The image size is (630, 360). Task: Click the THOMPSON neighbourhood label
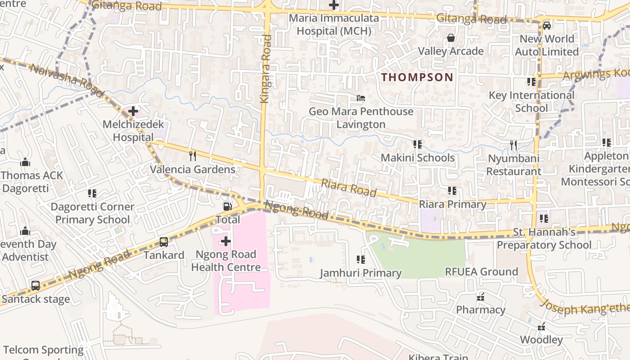417,77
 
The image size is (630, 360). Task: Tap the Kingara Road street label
266,68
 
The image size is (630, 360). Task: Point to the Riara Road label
349,187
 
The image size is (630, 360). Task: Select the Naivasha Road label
61,76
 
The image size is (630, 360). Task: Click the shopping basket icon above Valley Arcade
450,38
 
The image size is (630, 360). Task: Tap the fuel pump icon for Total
228,206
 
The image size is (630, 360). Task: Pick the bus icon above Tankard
164,242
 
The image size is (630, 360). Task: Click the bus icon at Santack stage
36,285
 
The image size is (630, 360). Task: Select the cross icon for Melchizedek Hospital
133,111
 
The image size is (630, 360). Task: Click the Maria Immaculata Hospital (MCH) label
334,25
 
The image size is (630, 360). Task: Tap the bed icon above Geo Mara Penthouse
360,98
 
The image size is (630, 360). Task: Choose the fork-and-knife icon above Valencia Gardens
193,156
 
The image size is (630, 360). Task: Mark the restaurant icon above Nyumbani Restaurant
513,145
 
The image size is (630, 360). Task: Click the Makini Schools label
418,158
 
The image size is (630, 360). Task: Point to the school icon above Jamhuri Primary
360,259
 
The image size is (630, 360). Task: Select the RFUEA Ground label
481,272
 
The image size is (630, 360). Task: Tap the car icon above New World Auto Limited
546,25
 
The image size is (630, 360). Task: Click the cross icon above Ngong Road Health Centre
226,241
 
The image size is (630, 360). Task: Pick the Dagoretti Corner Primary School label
92,213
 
